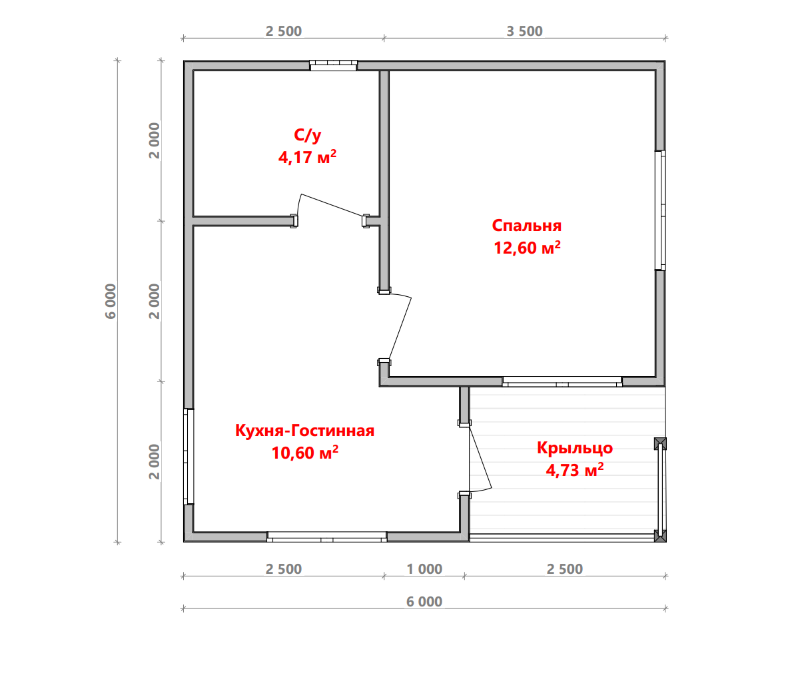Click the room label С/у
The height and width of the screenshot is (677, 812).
point(307,135)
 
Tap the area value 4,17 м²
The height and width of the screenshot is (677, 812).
point(307,157)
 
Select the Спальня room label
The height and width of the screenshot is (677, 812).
point(526,226)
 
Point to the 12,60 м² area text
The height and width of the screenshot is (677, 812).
point(527,248)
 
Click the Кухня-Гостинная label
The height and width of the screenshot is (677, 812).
point(304,431)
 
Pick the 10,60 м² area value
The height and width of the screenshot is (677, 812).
point(304,453)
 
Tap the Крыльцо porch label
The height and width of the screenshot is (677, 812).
point(575,448)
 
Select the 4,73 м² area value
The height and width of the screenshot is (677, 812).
point(575,470)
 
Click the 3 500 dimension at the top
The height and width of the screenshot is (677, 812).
point(524,31)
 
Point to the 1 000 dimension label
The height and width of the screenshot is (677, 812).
point(424,569)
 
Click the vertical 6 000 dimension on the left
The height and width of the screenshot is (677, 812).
point(111,301)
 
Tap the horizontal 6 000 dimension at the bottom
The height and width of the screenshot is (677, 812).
point(424,602)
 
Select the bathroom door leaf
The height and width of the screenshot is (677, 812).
point(332,205)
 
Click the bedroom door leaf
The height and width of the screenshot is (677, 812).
point(400,328)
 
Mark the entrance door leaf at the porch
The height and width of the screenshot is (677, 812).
point(481,457)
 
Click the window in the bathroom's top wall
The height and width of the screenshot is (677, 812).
point(333,65)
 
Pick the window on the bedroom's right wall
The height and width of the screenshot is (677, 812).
point(660,210)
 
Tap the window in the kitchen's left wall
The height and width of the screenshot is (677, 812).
point(189,457)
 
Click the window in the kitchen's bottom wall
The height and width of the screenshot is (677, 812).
point(326,537)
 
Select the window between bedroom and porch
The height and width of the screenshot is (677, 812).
point(562,381)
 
